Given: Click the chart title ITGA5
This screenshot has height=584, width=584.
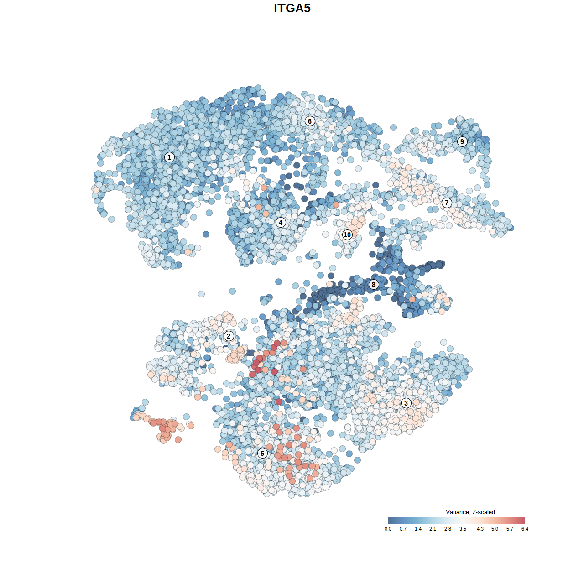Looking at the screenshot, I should [292, 8].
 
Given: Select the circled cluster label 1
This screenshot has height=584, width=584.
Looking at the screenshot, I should [169, 157].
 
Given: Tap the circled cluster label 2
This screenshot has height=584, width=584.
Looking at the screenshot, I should [229, 336].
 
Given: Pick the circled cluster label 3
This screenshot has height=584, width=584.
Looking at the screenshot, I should [406, 403].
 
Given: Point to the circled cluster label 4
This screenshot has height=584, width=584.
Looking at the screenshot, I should [281, 223].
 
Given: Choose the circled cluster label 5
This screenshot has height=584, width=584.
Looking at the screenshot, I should [262, 453].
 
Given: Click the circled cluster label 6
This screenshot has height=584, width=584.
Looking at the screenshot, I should [310, 121].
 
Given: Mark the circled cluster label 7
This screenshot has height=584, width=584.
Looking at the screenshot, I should [447, 203].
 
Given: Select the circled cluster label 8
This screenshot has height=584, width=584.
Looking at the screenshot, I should [374, 285].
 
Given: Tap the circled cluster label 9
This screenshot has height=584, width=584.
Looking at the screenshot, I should [462, 141].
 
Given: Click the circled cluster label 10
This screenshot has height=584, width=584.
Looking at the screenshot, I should [347, 235].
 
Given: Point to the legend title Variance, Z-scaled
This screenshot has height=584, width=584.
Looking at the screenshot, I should [470, 512].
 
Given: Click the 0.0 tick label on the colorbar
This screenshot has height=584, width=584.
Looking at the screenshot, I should [388, 529].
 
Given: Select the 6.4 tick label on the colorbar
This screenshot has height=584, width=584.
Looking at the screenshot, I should [525, 529].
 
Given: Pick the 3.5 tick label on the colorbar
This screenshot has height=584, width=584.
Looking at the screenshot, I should [463, 529].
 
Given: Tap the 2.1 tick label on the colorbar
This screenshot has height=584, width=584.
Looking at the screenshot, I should [433, 529].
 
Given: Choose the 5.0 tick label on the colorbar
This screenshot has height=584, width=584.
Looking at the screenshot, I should [495, 529].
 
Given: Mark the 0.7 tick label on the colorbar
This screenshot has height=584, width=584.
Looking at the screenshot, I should [403, 529].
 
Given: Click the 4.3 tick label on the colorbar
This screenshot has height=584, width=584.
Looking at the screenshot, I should [480, 529].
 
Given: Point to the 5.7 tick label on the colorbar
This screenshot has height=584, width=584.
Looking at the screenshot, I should [510, 529].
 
